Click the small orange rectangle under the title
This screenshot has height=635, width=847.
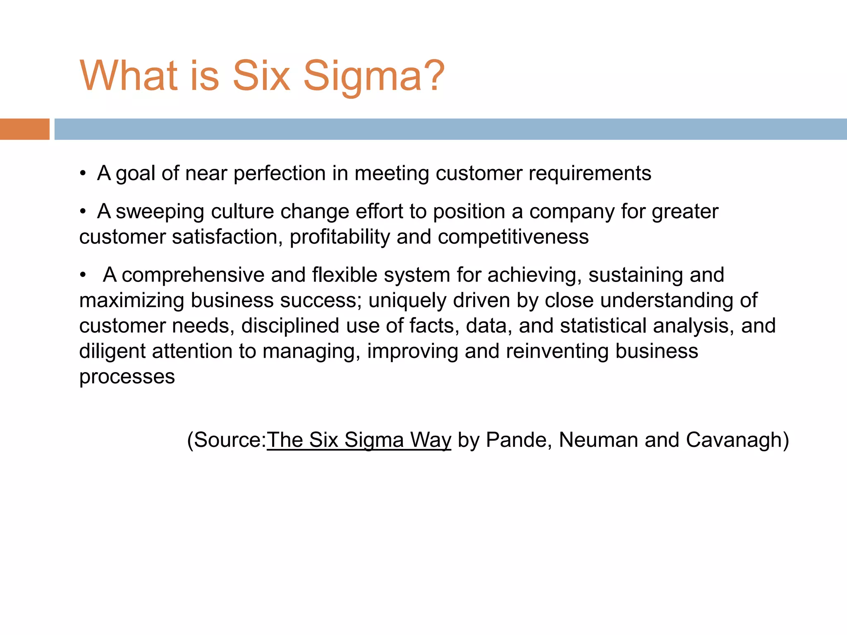coord(24,129)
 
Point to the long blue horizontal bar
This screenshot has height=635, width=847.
coord(450,129)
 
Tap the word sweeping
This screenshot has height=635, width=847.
coord(160,212)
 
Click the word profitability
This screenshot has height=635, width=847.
coord(340,237)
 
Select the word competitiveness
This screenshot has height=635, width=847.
coord(513,237)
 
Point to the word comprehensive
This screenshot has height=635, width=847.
coord(193,275)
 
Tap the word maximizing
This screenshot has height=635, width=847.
coord(132,301)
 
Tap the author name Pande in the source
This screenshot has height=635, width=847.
coord(519,440)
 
